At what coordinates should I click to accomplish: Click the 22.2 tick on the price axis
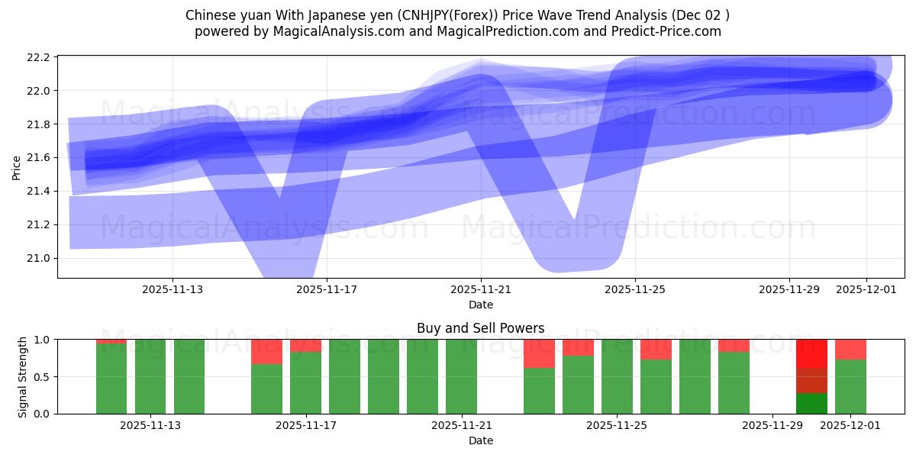coord(40,57)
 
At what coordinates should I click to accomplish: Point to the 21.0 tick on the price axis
coord(40,258)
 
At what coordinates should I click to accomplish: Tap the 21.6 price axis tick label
coord(40,157)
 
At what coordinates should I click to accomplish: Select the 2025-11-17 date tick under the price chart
coord(327,289)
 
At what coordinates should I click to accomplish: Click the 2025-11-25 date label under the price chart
coord(635,289)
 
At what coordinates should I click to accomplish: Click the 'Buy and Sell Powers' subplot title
coord(480,328)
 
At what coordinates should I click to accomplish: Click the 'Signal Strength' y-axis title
coord(23,376)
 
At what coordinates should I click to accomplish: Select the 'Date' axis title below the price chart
coord(480,305)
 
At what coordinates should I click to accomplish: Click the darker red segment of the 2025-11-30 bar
coord(811,380)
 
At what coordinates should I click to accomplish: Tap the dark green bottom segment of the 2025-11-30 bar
coord(811,403)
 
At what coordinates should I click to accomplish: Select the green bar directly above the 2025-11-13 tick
coord(150,376)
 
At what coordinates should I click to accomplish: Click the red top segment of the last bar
coord(850,349)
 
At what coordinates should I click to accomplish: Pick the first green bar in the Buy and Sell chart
coord(111,379)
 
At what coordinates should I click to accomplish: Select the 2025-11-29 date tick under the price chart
coord(789,289)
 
